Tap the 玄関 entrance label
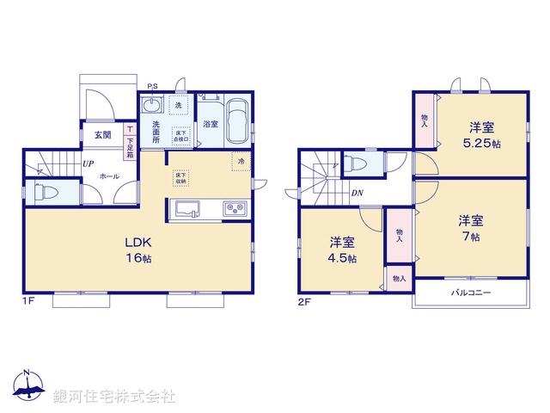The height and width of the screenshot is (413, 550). pos(102,135)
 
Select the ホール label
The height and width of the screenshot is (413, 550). pos(108,176)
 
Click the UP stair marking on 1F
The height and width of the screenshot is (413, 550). pos(89,162)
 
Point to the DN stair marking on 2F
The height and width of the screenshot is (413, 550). pos(356,193)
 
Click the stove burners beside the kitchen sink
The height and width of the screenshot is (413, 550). pos(235,209)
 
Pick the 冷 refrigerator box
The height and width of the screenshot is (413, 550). pos(241,162)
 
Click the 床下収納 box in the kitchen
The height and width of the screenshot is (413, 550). pos(181,178)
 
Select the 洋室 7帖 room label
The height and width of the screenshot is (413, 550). pos(470,226)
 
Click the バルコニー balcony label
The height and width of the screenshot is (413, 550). pos(471,293)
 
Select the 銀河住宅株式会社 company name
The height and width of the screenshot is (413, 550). pos(114,396)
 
